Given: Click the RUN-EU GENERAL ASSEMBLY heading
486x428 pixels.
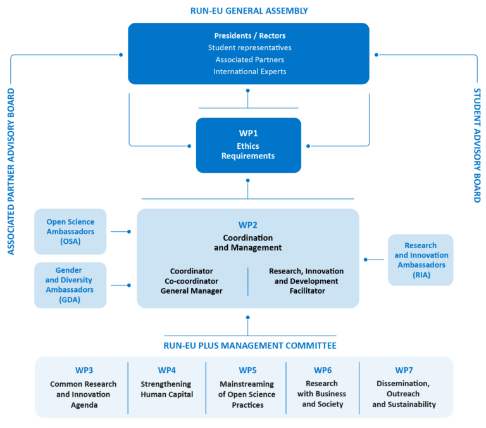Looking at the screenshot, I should tap(249, 11).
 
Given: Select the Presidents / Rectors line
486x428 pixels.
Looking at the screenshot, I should tap(249, 35).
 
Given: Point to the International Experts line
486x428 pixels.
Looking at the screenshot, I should tap(249, 72).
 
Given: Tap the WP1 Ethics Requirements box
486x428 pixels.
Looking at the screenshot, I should tap(248, 145).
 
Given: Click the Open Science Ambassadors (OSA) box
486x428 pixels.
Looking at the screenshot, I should tap(70, 231).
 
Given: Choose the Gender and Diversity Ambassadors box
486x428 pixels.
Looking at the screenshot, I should tap(70, 285).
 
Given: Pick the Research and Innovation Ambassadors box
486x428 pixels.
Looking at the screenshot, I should tap(421, 260).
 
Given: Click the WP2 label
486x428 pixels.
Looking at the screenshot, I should tap(247, 224).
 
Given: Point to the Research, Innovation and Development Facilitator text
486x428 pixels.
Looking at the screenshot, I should tap(303, 280).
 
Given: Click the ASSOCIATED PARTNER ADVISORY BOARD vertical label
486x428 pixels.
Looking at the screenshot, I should tap(10, 172).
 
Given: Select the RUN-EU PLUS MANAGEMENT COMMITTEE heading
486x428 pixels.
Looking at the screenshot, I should tap(249, 346).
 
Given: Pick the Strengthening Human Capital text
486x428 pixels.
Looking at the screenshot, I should tap(166, 389).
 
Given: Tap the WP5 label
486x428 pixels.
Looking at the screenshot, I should tap(247, 370).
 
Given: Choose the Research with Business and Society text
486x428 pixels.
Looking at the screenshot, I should tap(322, 394).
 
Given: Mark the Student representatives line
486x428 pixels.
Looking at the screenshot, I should tap(249, 47).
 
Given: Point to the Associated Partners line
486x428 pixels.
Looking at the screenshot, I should tap(249, 60).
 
